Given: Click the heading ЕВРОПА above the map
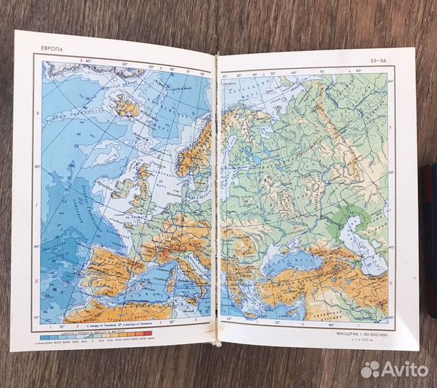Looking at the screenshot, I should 53,49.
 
